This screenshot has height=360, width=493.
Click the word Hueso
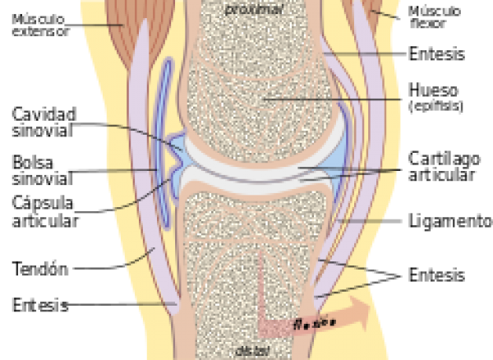[433, 90]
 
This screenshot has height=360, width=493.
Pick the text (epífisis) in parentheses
[435, 106]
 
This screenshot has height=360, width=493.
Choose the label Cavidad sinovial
[43, 122]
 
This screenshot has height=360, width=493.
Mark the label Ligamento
[449, 222]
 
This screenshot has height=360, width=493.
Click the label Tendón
[39, 268]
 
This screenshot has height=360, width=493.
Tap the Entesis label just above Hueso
[436, 55]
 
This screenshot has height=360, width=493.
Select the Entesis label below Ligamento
[436, 275]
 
